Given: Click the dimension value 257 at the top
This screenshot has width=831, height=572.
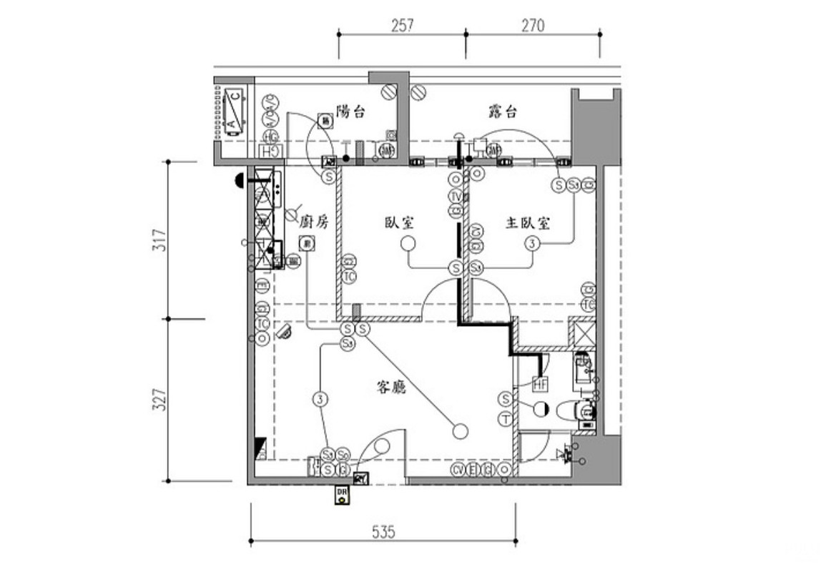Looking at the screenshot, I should pyautogui.click(x=403, y=25).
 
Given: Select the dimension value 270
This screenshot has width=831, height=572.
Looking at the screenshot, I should pyautogui.click(x=533, y=25).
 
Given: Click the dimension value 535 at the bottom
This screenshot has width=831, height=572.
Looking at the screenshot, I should pyautogui.click(x=385, y=532).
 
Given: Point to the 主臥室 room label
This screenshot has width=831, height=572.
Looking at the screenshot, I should pyautogui.click(x=528, y=223).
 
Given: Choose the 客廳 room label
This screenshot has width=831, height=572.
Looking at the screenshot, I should pyautogui.click(x=391, y=388).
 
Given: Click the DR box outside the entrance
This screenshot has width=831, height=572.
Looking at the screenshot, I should pyautogui.click(x=343, y=495).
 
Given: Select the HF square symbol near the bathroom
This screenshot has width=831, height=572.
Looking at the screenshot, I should pyautogui.click(x=540, y=385).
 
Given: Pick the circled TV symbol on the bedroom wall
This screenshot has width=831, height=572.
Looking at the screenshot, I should pyautogui.click(x=456, y=197).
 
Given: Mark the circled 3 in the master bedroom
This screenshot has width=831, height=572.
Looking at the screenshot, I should pyautogui.click(x=531, y=244).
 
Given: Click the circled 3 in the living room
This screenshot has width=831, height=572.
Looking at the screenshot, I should pyautogui.click(x=319, y=399).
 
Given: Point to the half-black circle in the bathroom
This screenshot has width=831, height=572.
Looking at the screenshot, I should pyautogui.click(x=541, y=408).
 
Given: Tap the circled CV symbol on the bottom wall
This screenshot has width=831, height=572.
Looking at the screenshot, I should pyautogui.click(x=458, y=469).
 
